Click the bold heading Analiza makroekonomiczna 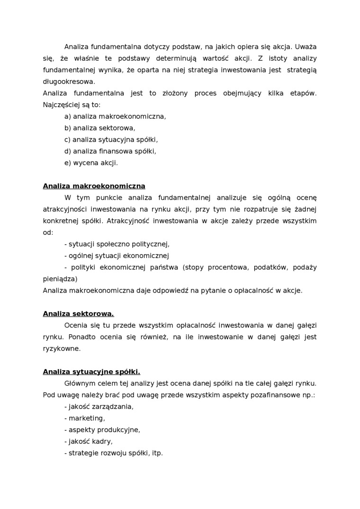point(94,186)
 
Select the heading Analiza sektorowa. point(78,313)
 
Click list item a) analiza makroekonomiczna point(115,116)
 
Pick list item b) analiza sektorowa point(99,128)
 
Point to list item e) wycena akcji point(91,163)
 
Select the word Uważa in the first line point(306,47)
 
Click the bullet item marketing point(84,418)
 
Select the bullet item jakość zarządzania point(99,407)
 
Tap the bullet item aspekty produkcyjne point(102,430)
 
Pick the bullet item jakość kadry point(88,441)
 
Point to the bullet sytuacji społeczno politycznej point(117,244)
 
